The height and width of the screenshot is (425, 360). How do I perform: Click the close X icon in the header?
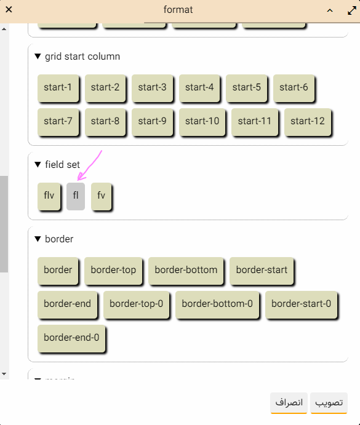tap(9, 10)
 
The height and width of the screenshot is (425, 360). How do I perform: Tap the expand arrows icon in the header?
tap(352, 10)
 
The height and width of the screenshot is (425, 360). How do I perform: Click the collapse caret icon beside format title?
tap(330, 10)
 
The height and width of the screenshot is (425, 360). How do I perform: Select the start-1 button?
tap(58, 88)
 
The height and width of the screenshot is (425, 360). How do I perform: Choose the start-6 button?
tap(294, 88)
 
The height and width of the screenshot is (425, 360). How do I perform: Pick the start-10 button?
tap(202, 122)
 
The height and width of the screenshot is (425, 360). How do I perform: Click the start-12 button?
tap(308, 122)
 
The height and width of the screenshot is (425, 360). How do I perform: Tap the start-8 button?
tap(105, 122)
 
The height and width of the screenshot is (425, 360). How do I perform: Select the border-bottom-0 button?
tap(217, 304)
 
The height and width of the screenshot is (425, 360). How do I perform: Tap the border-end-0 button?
tap(71, 338)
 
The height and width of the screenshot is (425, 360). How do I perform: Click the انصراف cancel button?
tap(289, 403)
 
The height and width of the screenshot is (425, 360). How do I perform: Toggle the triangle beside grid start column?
tap(38, 57)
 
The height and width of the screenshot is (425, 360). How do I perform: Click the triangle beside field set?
tap(38, 164)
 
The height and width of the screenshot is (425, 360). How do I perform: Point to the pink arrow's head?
tap(78, 179)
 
